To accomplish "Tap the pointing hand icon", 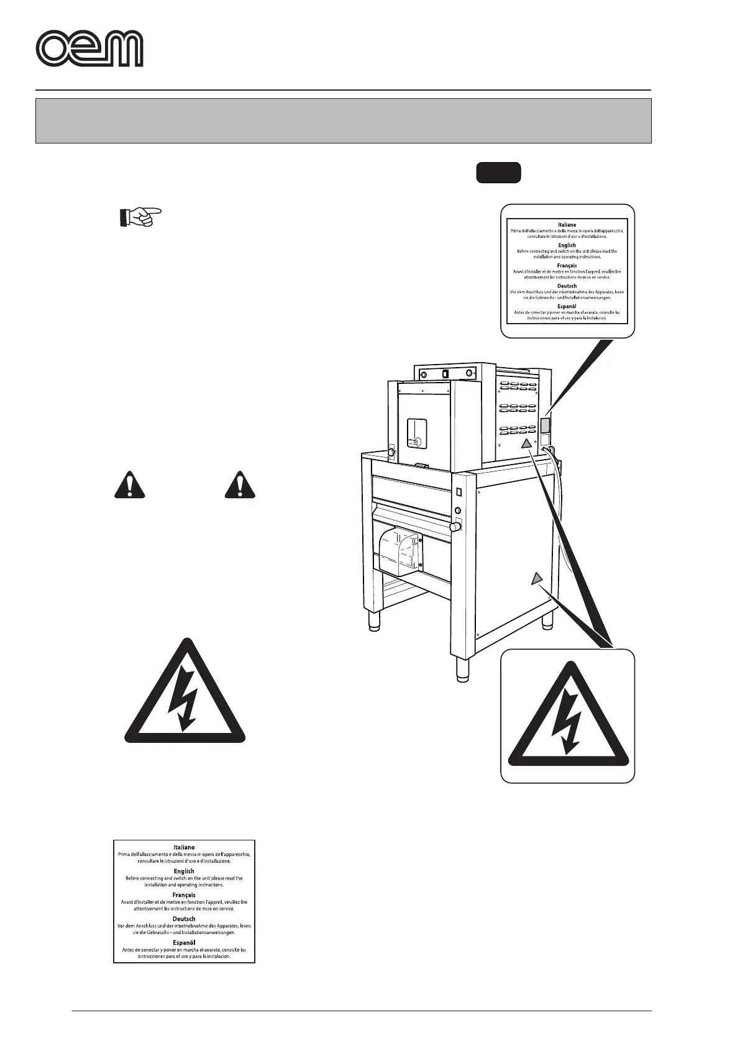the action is pyautogui.click(x=140, y=217).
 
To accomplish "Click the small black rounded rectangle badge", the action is pyautogui.click(x=498, y=173).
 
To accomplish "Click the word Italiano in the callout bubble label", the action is pyautogui.click(x=567, y=225).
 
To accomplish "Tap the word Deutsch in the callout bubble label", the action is pyautogui.click(x=567, y=286).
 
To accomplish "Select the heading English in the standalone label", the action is pyautogui.click(x=184, y=871).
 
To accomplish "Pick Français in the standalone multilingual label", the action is pyautogui.click(x=184, y=895).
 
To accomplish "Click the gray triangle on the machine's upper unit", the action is pyautogui.click(x=526, y=443).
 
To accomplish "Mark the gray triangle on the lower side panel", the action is pyautogui.click(x=537, y=579).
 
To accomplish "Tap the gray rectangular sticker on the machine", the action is pyautogui.click(x=545, y=425).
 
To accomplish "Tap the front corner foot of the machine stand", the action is pyautogui.click(x=463, y=670).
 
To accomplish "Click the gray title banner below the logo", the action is pyautogui.click(x=343, y=121).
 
